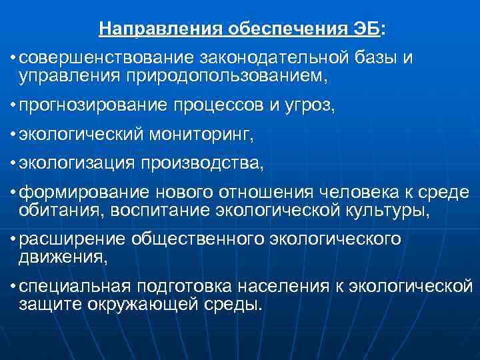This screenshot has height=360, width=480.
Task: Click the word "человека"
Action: pos(354,193)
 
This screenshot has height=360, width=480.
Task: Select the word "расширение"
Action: pos(73,239)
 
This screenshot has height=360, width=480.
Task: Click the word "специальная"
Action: pos(75,287)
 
